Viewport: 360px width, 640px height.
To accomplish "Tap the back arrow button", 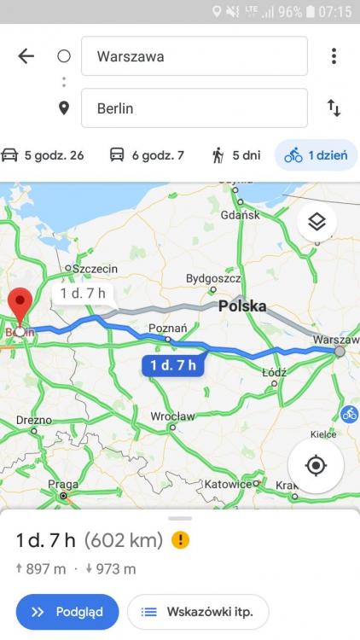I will pyautogui.click(x=26, y=56).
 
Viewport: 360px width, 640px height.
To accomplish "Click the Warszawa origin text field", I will pyautogui.click(x=194, y=56).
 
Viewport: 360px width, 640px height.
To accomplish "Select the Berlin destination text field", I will pyautogui.click(x=194, y=108).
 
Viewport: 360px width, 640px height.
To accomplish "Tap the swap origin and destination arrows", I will pyautogui.click(x=334, y=108).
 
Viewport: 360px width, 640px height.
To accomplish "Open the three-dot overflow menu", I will pyautogui.click(x=334, y=56).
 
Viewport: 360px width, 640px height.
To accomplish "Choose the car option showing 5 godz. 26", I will pyautogui.click(x=43, y=155).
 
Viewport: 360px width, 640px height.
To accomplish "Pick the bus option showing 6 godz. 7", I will pyautogui.click(x=147, y=155).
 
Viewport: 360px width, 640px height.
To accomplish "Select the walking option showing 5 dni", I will pyautogui.click(x=236, y=155).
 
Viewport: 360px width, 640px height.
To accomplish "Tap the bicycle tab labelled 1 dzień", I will pyautogui.click(x=316, y=155).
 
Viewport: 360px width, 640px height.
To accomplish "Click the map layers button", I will pyautogui.click(x=317, y=222).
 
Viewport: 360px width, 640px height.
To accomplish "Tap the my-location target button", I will pyautogui.click(x=316, y=465).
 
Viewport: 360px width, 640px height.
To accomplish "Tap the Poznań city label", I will pyautogui.click(x=167, y=329).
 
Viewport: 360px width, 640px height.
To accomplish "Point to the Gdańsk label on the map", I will pyautogui.click(x=240, y=215).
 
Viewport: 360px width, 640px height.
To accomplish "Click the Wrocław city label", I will pyautogui.click(x=172, y=416).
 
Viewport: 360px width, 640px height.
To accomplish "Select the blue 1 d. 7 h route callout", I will pyautogui.click(x=173, y=365).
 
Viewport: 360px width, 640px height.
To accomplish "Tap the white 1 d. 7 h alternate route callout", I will pyautogui.click(x=84, y=294).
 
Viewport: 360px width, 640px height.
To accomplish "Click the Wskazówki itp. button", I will pyautogui.click(x=198, y=612).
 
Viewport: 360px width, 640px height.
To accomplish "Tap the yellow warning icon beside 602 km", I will pyautogui.click(x=180, y=539).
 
